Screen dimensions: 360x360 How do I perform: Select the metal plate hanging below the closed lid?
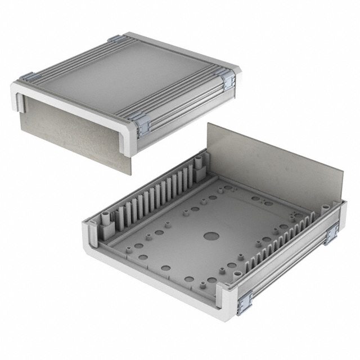(x=70, y=132)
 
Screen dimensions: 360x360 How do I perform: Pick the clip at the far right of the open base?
(x=331, y=232)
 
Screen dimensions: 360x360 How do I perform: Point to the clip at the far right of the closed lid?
(x=228, y=80)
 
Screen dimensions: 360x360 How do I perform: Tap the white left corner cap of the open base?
(x=90, y=236)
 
